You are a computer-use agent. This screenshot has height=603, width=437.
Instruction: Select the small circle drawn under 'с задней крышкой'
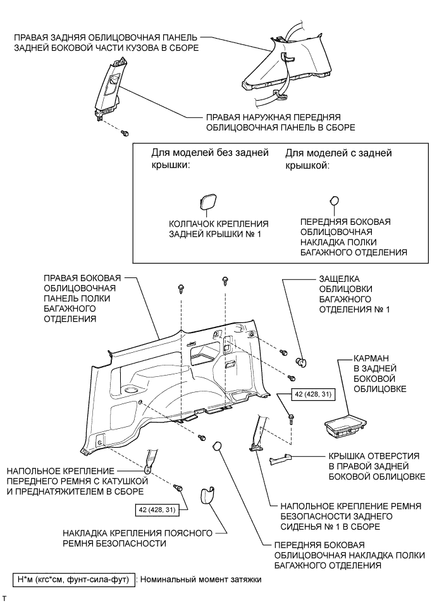coord(335,201)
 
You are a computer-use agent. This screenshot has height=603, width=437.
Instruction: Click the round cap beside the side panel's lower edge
coord(216,447)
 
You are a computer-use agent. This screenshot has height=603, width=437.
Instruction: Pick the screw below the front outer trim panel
coord(126,133)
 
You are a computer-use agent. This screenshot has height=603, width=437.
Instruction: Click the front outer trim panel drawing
coord(107,88)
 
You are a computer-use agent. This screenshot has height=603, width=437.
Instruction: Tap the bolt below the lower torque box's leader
coord(177,488)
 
